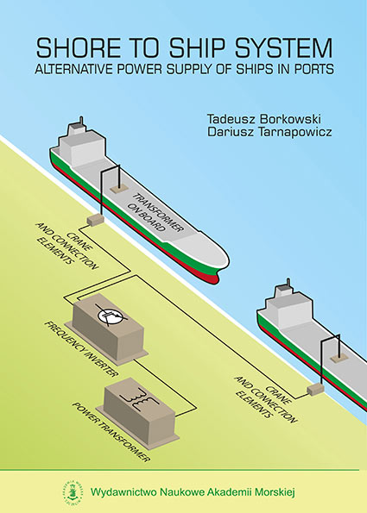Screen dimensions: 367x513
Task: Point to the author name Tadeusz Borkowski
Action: coord(263,118)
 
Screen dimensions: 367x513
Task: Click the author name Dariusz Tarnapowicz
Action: coord(269,132)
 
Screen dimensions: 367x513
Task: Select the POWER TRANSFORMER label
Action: coord(111,432)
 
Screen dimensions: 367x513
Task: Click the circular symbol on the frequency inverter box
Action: coord(111,316)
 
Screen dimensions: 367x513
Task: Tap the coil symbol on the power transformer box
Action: coord(140,397)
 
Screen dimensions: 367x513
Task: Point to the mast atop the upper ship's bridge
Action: coord(81,121)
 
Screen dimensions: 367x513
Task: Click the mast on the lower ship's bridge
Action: coord(288,282)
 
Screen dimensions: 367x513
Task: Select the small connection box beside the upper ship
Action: coord(95,220)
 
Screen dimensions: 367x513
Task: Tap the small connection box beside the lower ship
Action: coord(315,389)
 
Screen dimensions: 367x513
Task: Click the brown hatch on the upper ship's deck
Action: coord(119,189)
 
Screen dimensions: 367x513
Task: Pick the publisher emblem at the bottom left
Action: coord(72,491)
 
